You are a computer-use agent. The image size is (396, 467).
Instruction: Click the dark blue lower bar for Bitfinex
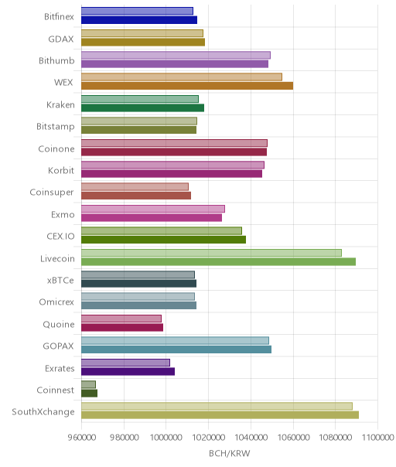[x=139, y=20]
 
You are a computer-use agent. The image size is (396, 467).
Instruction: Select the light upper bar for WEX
[x=182, y=77]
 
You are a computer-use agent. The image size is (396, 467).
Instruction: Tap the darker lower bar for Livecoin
[x=218, y=262]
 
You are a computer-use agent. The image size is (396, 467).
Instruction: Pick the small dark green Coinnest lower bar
[x=90, y=393]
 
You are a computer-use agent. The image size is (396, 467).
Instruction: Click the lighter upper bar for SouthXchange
[x=217, y=406]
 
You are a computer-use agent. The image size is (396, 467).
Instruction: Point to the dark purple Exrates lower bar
[x=128, y=371]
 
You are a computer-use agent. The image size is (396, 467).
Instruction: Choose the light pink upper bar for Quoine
[x=121, y=319]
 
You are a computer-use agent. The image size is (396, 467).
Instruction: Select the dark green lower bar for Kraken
[x=143, y=107]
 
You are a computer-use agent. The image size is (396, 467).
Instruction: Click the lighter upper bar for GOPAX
[x=176, y=340]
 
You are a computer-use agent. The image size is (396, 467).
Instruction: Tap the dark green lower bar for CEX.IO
[x=164, y=240]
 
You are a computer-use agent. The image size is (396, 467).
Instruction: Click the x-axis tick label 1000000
[x=166, y=438]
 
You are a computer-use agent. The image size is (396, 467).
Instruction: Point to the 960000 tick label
[x=82, y=438]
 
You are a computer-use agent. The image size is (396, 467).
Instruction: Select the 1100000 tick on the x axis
[x=377, y=438]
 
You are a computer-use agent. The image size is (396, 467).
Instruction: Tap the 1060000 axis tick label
[x=293, y=438]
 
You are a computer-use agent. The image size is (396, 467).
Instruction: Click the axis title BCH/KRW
[x=230, y=454]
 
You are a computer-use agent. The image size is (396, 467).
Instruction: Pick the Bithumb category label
[x=56, y=61]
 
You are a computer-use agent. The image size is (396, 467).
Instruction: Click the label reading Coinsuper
[x=52, y=193]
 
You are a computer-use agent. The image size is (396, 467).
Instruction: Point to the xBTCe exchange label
[x=60, y=281]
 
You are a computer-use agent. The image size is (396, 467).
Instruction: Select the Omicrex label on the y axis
[x=56, y=302]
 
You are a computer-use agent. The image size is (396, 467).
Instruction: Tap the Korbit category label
[x=61, y=170]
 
